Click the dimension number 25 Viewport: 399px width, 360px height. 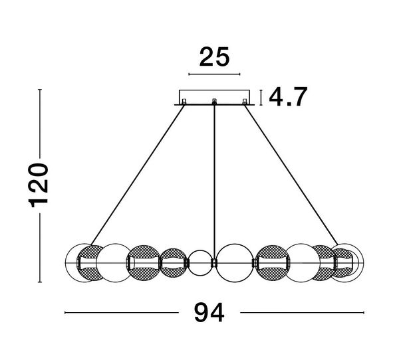214,57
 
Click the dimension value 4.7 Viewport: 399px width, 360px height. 288,96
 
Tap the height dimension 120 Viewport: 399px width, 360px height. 39,185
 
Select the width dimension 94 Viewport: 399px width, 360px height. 209,313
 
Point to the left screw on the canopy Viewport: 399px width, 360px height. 184,102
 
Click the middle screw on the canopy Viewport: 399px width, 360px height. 214,102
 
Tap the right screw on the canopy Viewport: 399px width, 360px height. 245,102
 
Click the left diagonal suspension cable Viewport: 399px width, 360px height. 138,175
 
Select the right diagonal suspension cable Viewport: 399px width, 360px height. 291,175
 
